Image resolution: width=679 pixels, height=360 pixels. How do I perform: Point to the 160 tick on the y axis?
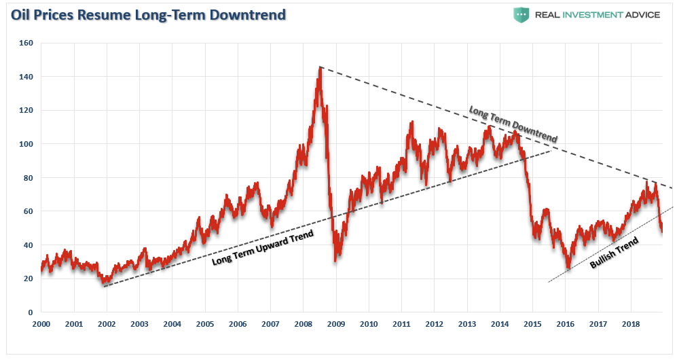[x=27, y=43]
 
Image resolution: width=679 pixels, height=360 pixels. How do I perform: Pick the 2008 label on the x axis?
[x=304, y=325]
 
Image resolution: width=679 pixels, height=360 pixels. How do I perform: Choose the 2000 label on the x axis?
[x=41, y=325]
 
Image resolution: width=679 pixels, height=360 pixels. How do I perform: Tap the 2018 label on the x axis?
[x=631, y=325]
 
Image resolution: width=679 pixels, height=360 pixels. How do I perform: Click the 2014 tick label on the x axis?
[x=500, y=325]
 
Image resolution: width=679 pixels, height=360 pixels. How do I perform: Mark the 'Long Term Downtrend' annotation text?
[x=513, y=124]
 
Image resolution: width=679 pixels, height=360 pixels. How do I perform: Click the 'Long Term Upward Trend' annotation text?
[x=263, y=249]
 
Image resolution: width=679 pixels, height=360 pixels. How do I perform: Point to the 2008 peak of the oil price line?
[x=320, y=67]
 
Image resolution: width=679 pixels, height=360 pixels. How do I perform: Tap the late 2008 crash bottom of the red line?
[x=335, y=261]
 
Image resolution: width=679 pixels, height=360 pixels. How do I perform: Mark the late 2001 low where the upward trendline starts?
[x=104, y=283]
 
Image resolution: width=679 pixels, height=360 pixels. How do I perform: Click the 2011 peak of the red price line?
[x=411, y=122]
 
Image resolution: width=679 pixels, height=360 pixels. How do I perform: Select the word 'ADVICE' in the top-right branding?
[x=639, y=15]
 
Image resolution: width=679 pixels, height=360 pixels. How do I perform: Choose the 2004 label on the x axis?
[x=172, y=325]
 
